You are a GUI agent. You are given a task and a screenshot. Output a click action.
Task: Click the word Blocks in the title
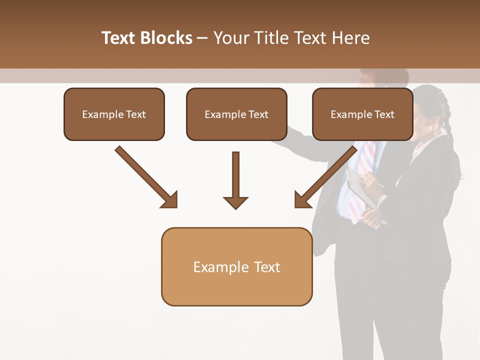point(166,38)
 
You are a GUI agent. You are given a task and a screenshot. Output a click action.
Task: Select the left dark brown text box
point(114,114)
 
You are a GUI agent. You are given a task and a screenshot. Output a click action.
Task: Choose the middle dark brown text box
point(236,114)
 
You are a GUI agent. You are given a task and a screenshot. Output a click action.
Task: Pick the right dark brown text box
point(362,114)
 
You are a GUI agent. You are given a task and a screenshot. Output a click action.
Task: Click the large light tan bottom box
point(236,266)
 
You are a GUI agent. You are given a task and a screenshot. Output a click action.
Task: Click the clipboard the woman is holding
point(360,187)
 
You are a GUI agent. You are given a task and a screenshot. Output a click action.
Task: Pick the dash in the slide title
point(202,38)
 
